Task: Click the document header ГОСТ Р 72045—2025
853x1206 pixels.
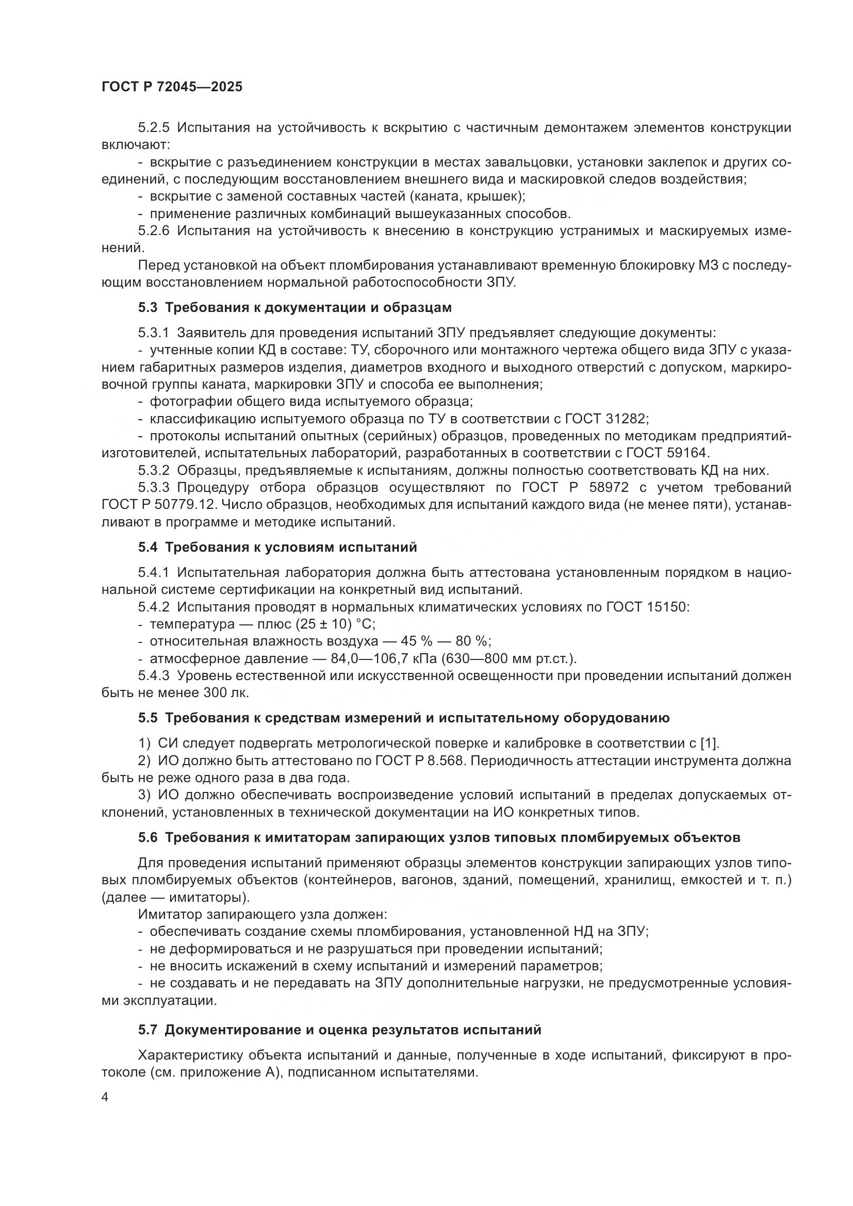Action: [172, 87]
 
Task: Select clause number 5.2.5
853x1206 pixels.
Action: [153, 128]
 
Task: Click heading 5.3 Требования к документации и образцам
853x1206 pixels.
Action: [294, 307]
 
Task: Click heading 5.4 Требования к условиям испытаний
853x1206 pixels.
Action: [277, 548]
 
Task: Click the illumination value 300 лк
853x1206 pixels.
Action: [225, 693]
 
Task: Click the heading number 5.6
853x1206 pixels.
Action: [147, 838]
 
